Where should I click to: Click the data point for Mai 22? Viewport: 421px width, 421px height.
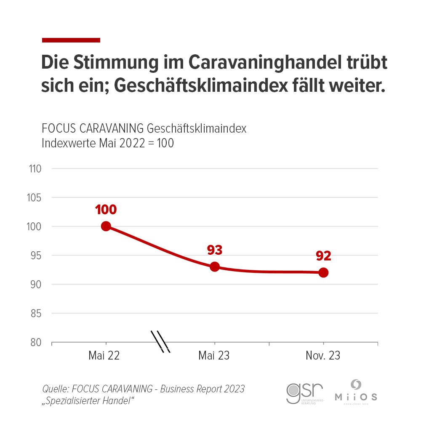pyautogui.click(x=106, y=226)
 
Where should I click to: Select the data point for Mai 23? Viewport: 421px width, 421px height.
pyautogui.click(x=215, y=266)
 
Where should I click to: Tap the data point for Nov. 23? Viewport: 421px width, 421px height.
pyautogui.click(x=323, y=272)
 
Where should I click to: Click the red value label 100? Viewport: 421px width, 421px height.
pyautogui.click(x=106, y=209)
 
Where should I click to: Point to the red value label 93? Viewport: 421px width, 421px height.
pyautogui.click(x=214, y=250)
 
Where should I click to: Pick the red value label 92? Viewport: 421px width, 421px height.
pyautogui.click(x=323, y=256)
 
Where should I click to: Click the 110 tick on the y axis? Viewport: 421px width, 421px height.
pyautogui.click(x=35, y=169)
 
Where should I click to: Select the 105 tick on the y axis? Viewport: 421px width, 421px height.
pyautogui.click(x=35, y=197)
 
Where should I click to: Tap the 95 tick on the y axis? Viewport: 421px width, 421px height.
pyautogui.click(x=35, y=256)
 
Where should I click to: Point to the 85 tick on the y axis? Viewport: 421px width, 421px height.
pyautogui.click(x=35, y=313)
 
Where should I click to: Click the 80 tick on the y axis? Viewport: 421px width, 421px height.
pyautogui.click(x=35, y=342)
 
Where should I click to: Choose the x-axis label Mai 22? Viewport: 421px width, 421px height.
pyautogui.click(x=104, y=356)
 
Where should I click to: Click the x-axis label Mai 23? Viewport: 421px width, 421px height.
pyautogui.click(x=214, y=356)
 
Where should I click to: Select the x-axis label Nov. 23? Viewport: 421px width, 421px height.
pyautogui.click(x=323, y=356)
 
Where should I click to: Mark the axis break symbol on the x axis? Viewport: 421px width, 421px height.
pyautogui.click(x=160, y=342)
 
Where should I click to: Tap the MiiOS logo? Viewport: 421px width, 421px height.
pyautogui.click(x=356, y=391)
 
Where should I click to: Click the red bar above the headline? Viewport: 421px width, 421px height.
pyautogui.click(x=71, y=40)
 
